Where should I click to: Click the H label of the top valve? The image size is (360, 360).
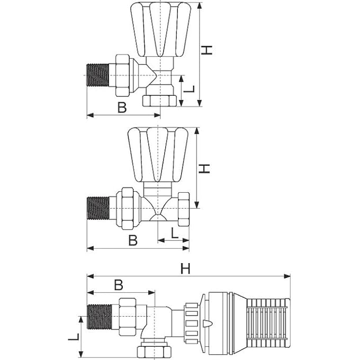click(x=208, y=50)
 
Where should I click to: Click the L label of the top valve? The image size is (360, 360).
click(x=191, y=91)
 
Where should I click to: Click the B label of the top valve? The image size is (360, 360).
click(x=122, y=107)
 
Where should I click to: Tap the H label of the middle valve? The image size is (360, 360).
click(x=205, y=168)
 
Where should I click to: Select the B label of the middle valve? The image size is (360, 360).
click(x=133, y=240)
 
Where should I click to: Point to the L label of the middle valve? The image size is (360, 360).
click(x=174, y=232)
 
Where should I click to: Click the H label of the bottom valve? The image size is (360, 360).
click(x=185, y=269)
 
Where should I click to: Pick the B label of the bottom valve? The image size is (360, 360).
click(x=119, y=285)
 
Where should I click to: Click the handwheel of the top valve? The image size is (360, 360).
click(x=160, y=29)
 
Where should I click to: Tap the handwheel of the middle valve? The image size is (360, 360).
click(x=158, y=154)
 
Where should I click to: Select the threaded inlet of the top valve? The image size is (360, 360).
click(x=98, y=75)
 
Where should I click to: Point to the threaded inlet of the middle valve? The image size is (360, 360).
click(x=98, y=208)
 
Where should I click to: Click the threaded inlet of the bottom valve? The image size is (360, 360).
click(x=99, y=317)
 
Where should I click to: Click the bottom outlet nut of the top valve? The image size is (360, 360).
click(x=159, y=101)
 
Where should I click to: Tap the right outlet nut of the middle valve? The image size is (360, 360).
click(x=184, y=208)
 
